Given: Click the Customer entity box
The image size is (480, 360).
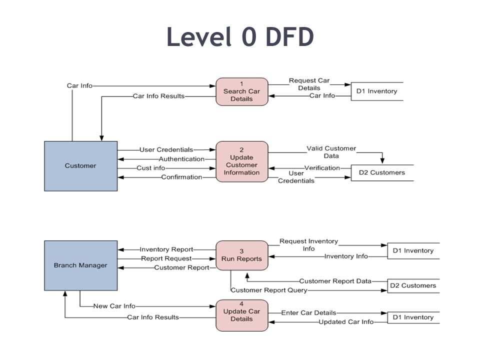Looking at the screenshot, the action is click(x=81, y=166).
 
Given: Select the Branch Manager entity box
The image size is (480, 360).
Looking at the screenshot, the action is click(x=81, y=265).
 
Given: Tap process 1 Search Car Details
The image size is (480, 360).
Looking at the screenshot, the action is click(x=242, y=91).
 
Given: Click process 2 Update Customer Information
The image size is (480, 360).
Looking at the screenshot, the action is click(x=242, y=161).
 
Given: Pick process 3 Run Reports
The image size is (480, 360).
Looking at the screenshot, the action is click(x=242, y=255).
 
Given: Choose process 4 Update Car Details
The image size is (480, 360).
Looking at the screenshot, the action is click(x=242, y=315).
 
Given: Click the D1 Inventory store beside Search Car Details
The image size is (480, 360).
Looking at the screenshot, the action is click(x=377, y=91).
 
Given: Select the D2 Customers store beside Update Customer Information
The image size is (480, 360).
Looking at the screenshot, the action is click(x=382, y=172).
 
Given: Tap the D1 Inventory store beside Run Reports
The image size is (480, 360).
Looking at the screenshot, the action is click(x=413, y=250).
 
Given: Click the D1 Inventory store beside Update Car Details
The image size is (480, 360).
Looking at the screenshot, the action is click(x=413, y=317).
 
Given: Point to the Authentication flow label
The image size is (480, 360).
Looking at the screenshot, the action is click(x=181, y=159).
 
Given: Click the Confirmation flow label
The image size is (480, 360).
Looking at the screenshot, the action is click(x=181, y=177).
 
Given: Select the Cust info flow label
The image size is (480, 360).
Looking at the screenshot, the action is click(x=150, y=168).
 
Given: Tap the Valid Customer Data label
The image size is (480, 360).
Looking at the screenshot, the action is click(x=331, y=152).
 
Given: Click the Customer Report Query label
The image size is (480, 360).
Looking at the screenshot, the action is click(x=269, y=290).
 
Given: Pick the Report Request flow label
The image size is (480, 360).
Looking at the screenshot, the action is click(x=166, y=258).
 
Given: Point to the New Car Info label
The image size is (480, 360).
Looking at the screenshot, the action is click(x=114, y=306).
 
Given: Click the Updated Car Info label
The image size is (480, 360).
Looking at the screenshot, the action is click(x=346, y=321).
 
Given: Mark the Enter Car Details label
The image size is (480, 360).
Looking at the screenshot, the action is click(x=308, y=312).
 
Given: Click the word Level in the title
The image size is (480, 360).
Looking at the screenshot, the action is click(x=199, y=36).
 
